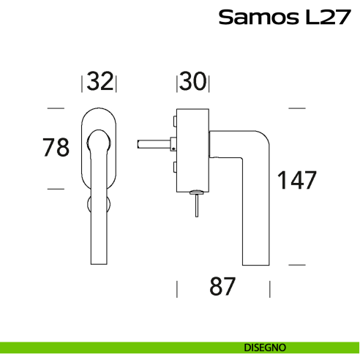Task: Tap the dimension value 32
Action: (100, 82)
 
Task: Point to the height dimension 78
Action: (56, 147)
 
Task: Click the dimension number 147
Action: (296, 180)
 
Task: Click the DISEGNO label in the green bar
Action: (265, 346)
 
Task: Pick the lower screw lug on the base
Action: (176, 168)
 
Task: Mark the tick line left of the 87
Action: (177, 288)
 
